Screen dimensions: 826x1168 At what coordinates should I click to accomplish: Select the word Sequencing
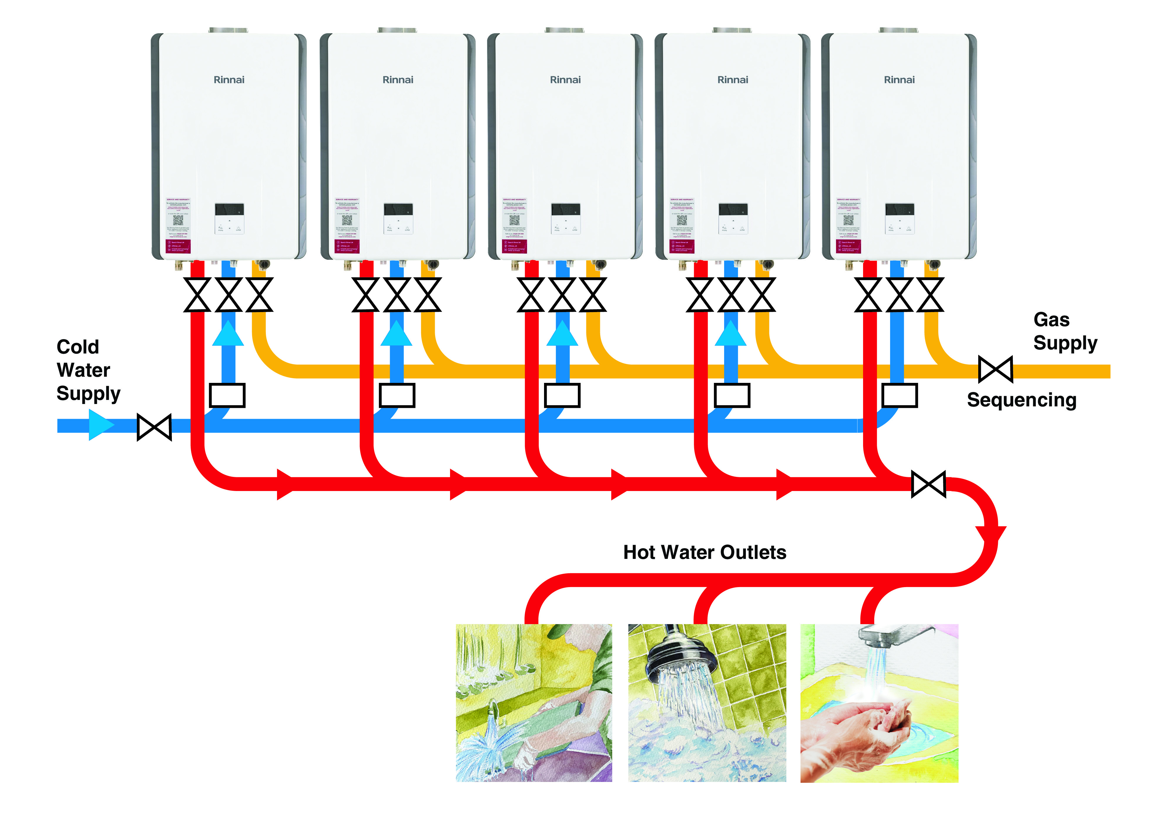tap(1021, 400)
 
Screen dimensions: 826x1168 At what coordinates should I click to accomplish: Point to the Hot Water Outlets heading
tap(704, 552)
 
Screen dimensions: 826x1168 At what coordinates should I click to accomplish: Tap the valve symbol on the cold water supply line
tap(154, 427)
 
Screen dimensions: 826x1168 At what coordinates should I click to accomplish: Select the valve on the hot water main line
tap(928, 484)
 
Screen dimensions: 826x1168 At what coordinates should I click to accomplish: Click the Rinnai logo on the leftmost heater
tap(229, 80)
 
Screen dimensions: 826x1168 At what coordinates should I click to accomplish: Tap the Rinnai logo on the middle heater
tap(565, 80)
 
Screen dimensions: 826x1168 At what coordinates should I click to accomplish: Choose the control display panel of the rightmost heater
tap(900, 210)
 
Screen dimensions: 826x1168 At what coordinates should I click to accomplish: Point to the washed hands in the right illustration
tap(865, 723)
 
